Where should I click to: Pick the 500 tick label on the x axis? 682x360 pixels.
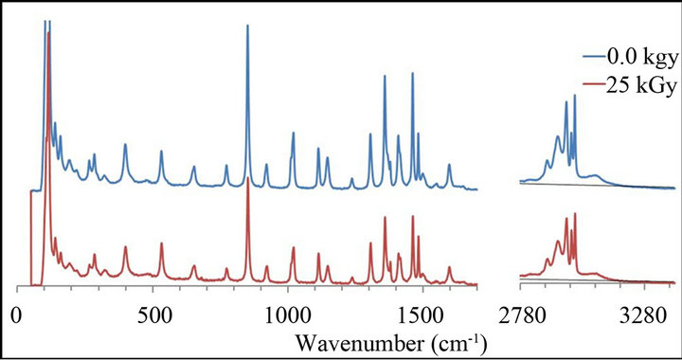tap(152, 314)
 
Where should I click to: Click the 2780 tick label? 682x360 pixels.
tap(524, 314)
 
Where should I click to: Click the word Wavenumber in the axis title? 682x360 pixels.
tap(350, 339)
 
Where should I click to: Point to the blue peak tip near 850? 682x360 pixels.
tap(247, 26)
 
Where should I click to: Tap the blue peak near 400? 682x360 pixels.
tap(125, 145)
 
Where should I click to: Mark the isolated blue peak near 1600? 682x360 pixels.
tap(449, 166)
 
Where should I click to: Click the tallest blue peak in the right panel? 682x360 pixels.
tap(574, 96)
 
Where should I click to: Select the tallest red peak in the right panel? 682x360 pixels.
tap(574, 214)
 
